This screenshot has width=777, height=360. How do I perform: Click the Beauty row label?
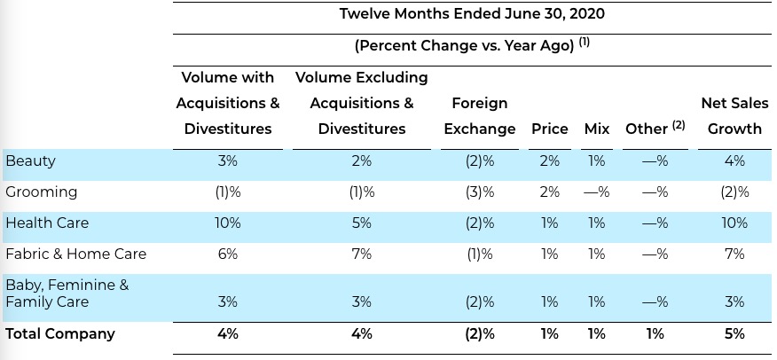30,161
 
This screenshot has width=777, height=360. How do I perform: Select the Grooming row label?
41,192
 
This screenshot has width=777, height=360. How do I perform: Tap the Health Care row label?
47,223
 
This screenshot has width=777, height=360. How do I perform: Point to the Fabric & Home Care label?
75,254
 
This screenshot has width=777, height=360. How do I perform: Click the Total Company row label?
60,333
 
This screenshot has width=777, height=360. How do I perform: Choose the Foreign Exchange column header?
479,116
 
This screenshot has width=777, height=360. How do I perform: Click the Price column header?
550,129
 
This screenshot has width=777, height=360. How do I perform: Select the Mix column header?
597,129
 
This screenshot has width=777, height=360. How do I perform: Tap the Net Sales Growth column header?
734,116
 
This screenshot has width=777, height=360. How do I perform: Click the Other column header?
655,129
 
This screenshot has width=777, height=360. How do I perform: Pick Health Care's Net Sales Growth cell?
734,223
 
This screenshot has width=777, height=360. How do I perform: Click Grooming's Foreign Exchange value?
480,192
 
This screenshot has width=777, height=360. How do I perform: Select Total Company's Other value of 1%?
655,333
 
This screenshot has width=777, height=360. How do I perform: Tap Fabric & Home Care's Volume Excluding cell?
361,254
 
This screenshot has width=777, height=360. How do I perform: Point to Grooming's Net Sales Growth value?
734,192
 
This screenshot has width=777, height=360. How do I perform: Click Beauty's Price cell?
550,160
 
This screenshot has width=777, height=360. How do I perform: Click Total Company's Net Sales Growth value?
734,333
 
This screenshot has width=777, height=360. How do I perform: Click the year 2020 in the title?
587,13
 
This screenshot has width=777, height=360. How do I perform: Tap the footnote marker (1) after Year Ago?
585,42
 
